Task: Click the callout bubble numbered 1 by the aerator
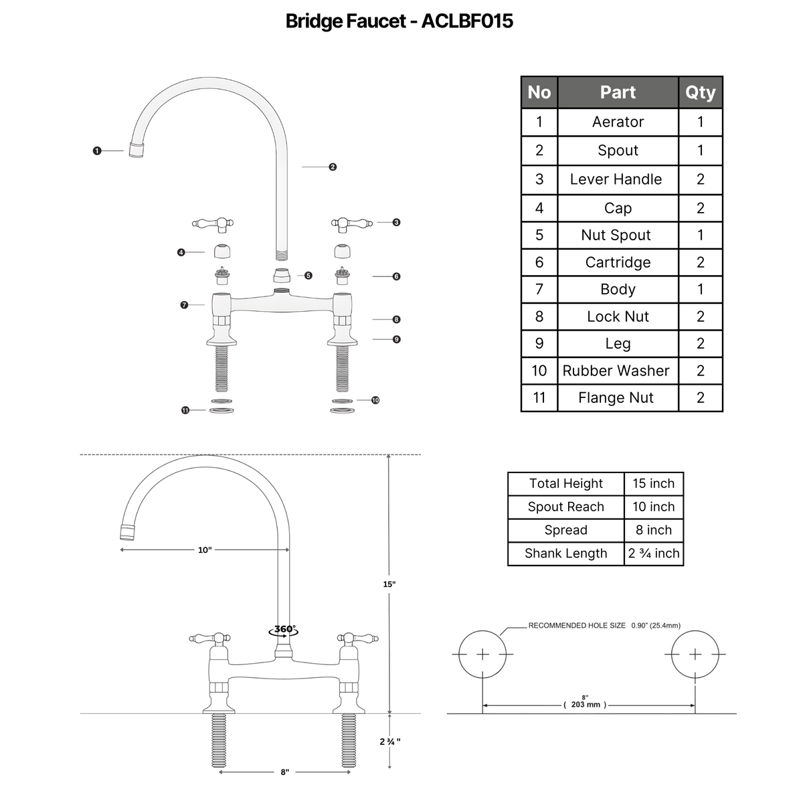[x=97, y=151]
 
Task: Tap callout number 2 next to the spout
[x=333, y=167]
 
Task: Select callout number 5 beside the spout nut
[x=308, y=276]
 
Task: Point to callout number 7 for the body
[x=184, y=305]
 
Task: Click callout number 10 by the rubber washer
[x=375, y=400]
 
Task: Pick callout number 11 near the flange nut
[x=185, y=410]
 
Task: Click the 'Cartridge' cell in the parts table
[x=618, y=262]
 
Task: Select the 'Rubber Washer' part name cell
[x=616, y=371]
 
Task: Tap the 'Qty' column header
[x=701, y=92]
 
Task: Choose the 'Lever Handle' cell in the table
[x=616, y=179]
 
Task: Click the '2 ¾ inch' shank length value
[x=653, y=553]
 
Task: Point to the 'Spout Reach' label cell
[x=566, y=507]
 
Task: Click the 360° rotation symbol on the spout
[x=284, y=631]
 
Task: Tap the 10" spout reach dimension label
[x=205, y=549]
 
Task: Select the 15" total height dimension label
[x=389, y=584]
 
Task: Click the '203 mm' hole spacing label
[x=586, y=704]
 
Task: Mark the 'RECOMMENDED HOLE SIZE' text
[x=577, y=626]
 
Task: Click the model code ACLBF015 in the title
[x=467, y=21]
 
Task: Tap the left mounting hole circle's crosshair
[x=482, y=654]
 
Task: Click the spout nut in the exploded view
[x=282, y=276]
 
